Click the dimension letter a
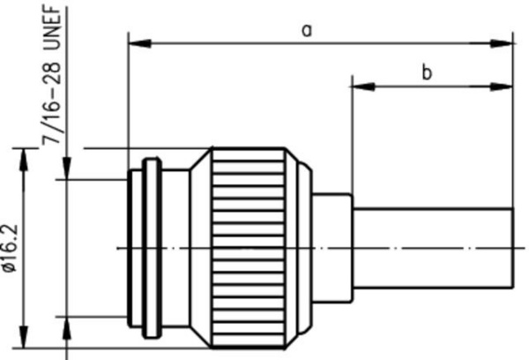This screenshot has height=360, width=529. click(x=307, y=31)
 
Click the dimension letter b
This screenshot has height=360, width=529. click(x=427, y=72)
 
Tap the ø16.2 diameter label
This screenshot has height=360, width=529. click(x=9, y=248)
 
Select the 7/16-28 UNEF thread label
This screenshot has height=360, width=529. click(x=52, y=74)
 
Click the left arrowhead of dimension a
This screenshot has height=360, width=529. click(x=139, y=43)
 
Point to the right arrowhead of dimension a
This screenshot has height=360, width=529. click(x=502, y=43)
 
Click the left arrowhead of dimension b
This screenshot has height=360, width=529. click(x=363, y=86)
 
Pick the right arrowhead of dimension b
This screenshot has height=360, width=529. click(x=502, y=86)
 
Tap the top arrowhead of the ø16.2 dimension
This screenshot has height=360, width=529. click(x=23, y=160)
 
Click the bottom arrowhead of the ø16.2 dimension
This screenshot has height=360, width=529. click(x=23, y=336)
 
